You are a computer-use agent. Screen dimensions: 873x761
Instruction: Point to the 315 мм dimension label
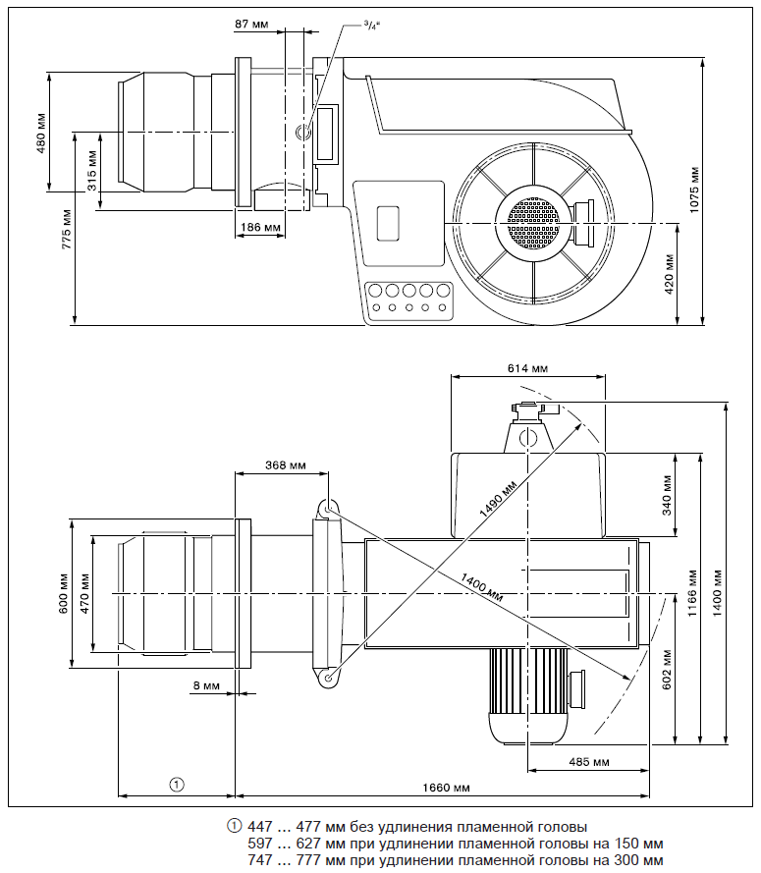91,170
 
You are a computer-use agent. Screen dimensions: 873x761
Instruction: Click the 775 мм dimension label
67,228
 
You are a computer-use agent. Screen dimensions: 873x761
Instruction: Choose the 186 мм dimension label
259,228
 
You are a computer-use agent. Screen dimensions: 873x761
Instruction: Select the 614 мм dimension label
527,368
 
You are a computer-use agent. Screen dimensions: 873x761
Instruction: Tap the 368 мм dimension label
285,465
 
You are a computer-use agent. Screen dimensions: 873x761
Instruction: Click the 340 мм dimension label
668,496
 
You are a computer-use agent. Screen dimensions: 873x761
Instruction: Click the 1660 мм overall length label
447,787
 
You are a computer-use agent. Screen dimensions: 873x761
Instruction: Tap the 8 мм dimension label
206,685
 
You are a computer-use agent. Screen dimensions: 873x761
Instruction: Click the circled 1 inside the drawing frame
176,785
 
